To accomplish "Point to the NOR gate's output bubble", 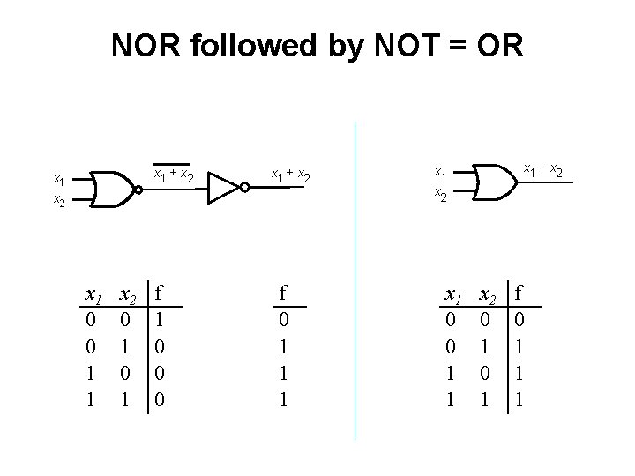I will [138, 189].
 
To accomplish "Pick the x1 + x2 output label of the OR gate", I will [542, 168].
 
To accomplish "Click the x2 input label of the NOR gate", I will [58, 202].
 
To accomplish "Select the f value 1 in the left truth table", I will [160, 315].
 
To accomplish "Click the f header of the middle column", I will [283, 292].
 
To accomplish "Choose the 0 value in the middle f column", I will [283, 315].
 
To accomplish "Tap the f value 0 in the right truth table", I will [520, 315].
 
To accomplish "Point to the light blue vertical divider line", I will [355, 282].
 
